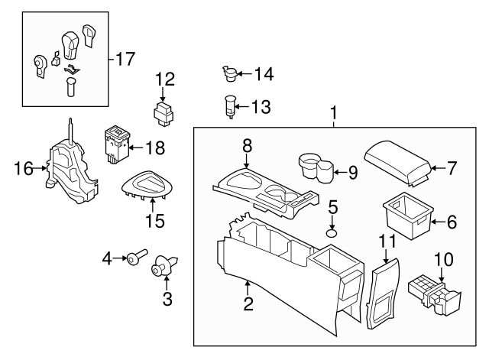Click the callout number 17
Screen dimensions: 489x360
(x=125, y=59)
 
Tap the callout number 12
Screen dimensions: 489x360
(x=165, y=79)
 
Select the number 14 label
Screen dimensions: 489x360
(x=264, y=74)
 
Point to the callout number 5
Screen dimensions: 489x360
(x=333, y=207)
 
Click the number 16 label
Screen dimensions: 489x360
(x=24, y=168)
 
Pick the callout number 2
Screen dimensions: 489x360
(x=248, y=303)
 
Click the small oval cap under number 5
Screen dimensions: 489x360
(x=332, y=233)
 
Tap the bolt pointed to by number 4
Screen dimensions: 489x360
(x=136, y=255)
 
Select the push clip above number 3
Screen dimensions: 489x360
(x=164, y=265)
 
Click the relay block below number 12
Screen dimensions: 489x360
(x=164, y=113)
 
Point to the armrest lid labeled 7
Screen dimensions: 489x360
(x=397, y=163)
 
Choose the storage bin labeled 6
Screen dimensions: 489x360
(x=408, y=216)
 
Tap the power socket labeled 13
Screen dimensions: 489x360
(x=229, y=107)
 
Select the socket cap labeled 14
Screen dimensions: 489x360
(x=230, y=73)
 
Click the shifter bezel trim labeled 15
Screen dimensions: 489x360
(x=147, y=185)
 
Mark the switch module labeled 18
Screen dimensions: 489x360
(x=116, y=145)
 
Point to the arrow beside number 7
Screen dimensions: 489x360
(x=439, y=168)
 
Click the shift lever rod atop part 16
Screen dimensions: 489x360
(x=71, y=131)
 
